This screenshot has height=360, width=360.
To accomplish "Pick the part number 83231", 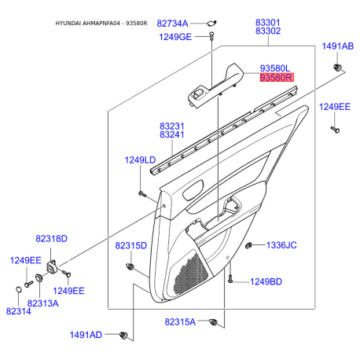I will (x=172, y=125).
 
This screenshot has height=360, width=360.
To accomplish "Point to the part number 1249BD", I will (x=266, y=281).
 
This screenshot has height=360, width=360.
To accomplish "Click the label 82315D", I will (x=131, y=246).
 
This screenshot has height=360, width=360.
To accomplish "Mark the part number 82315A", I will (x=182, y=321).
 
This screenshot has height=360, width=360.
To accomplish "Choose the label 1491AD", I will (x=86, y=335).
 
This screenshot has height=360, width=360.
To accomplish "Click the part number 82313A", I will (x=43, y=302).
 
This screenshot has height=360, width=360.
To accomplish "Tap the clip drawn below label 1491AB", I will (x=338, y=69).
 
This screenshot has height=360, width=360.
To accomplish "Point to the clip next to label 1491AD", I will (x=123, y=336).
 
